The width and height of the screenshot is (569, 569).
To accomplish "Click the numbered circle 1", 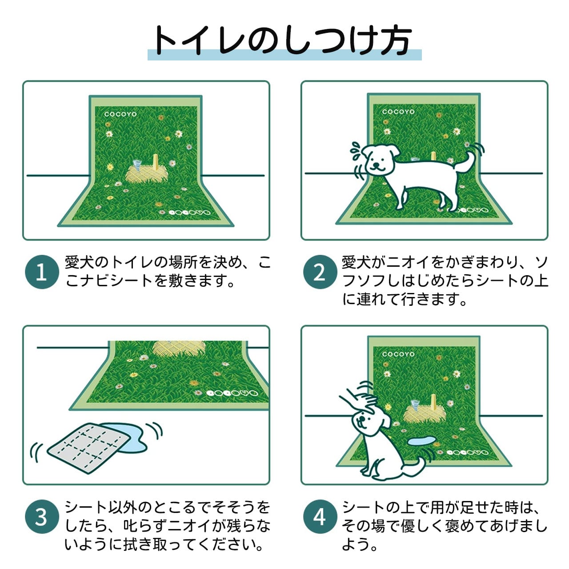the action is (x=42, y=272).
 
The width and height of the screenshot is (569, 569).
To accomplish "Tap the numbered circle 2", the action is (x=320, y=272).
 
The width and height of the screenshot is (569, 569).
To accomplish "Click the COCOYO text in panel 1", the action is (x=120, y=114).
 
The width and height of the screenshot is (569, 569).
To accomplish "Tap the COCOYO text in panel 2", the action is (x=398, y=112).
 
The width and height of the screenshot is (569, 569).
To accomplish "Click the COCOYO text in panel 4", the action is (x=398, y=354).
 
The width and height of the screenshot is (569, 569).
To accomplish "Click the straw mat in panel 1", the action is (x=147, y=174).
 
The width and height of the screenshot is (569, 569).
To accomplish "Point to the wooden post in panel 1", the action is (x=156, y=164).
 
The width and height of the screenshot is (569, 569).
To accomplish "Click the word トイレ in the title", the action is (x=201, y=41).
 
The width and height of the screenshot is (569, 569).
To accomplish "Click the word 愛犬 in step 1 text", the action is (x=79, y=262).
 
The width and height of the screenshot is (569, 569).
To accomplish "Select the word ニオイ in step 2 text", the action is (x=408, y=262).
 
